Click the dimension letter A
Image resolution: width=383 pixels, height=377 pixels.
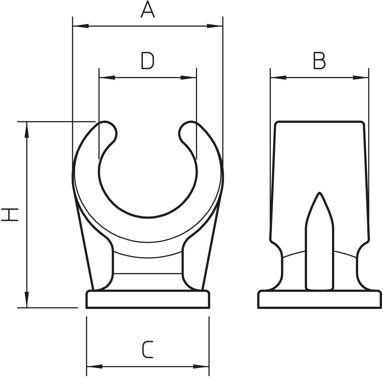tap(148, 9)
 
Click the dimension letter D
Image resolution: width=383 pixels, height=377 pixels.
tap(147, 61)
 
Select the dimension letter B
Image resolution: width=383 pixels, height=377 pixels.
tap(320, 61)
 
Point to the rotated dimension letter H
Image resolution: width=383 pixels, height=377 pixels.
tap(10, 215)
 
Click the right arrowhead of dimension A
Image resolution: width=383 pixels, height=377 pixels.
tap(214, 26)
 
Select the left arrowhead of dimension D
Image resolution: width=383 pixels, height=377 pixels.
tap(107, 78)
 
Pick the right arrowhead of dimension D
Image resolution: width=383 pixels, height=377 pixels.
tap(188, 78)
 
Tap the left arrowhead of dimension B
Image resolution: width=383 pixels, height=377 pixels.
tap(278, 78)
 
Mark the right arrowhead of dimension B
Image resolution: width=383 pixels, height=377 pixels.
tap(361, 78)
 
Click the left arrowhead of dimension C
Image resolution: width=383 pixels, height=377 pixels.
tap(95, 366)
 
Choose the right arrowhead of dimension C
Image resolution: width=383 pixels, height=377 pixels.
tap(201, 366)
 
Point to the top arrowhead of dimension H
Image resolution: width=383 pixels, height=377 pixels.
tap(27, 130)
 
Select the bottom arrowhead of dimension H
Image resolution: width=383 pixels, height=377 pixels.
tap(27, 299)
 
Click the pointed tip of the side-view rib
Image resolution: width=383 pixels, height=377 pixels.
tap(320, 193)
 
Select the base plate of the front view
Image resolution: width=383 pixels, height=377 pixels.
tap(148, 299)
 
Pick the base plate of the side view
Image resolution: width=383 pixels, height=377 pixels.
tap(320, 299)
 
